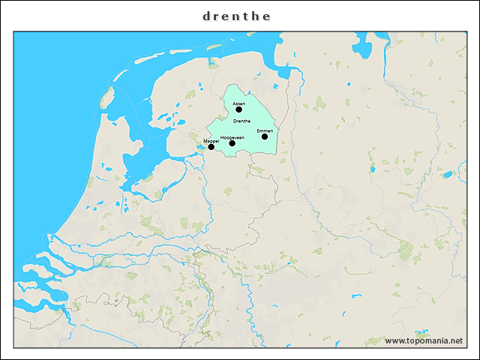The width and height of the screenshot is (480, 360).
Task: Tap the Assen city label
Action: click(x=239, y=103)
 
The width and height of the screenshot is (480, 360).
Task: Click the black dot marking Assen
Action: click(x=239, y=109)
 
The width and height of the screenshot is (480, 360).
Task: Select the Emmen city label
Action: click(x=265, y=130)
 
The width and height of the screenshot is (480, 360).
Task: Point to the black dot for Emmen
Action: click(x=265, y=136)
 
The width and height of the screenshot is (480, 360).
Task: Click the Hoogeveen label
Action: click(x=232, y=137)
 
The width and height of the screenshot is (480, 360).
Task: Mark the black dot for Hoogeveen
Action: click(x=232, y=143)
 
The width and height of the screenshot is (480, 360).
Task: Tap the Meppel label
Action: click(x=211, y=141)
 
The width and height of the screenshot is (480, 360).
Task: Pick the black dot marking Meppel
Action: click(x=211, y=147)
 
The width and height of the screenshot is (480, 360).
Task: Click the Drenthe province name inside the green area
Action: click(x=242, y=121)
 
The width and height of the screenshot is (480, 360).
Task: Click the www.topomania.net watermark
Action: click(x=424, y=341)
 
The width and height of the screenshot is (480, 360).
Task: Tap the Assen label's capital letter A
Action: click(x=234, y=103)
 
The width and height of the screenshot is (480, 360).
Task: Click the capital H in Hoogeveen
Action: click(x=222, y=137)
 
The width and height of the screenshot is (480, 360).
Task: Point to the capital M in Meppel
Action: click(x=205, y=141)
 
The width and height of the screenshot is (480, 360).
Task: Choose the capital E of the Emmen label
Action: click(x=258, y=130)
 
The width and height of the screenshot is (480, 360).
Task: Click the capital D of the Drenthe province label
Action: click(x=235, y=121)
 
